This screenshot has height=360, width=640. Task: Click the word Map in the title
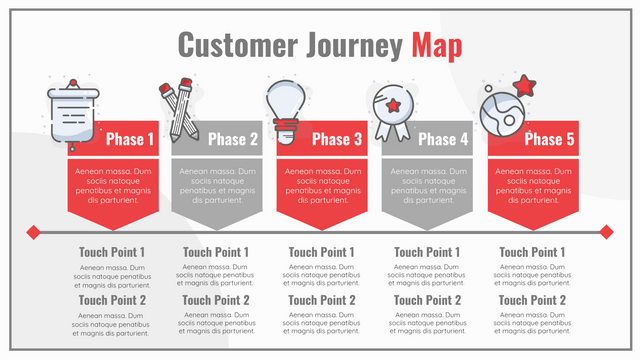[436, 45]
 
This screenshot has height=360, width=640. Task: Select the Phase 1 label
[130, 139]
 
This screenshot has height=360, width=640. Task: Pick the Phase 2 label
[233, 139]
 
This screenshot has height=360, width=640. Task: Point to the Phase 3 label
[337, 139]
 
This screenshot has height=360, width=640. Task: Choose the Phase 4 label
[443, 139]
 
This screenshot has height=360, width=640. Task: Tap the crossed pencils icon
[179, 109]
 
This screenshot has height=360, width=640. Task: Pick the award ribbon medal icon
[392, 110]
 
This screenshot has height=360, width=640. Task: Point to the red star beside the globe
[524, 84]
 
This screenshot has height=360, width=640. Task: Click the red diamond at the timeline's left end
[33, 232]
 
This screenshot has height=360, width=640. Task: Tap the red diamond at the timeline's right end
[606, 232]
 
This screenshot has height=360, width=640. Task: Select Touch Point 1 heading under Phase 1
[112, 253]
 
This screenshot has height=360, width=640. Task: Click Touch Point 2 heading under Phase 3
[322, 300]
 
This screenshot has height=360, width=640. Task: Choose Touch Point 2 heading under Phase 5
[533, 300]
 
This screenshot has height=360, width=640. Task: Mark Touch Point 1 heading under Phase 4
[427, 253]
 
